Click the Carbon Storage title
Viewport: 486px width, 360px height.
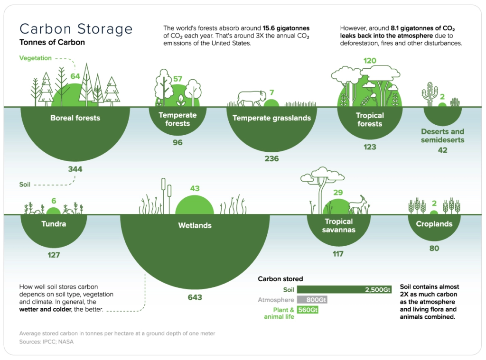(x=76, y=29)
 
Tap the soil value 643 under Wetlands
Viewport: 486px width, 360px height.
(x=195, y=297)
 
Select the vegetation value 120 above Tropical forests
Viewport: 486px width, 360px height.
(x=370, y=61)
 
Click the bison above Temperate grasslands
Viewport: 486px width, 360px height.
(x=252, y=99)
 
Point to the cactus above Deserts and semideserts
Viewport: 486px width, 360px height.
(x=430, y=94)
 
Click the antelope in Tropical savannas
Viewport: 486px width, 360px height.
(x=358, y=204)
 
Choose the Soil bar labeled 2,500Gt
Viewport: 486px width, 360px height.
(x=344, y=290)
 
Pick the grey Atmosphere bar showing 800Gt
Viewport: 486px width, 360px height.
(x=312, y=300)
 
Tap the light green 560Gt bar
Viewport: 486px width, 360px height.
(x=308, y=310)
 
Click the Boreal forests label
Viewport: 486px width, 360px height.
(x=75, y=118)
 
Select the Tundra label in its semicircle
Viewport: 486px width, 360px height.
(x=54, y=224)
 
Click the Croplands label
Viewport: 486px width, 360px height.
(x=434, y=224)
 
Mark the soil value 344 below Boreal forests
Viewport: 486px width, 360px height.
(x=75, y=169)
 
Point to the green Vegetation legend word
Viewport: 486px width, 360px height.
(x=35, y=58)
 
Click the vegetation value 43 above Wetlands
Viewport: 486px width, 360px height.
(x=195, y=188)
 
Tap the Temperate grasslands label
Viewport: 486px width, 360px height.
(x=271, y=118)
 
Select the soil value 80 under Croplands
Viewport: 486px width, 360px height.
(x=434, y=249)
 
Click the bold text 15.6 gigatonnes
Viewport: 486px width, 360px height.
(x=286, y=28)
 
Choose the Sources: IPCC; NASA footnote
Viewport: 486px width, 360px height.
(x=47, y=342)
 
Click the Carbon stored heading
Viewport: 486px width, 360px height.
(x=280, y=279)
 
